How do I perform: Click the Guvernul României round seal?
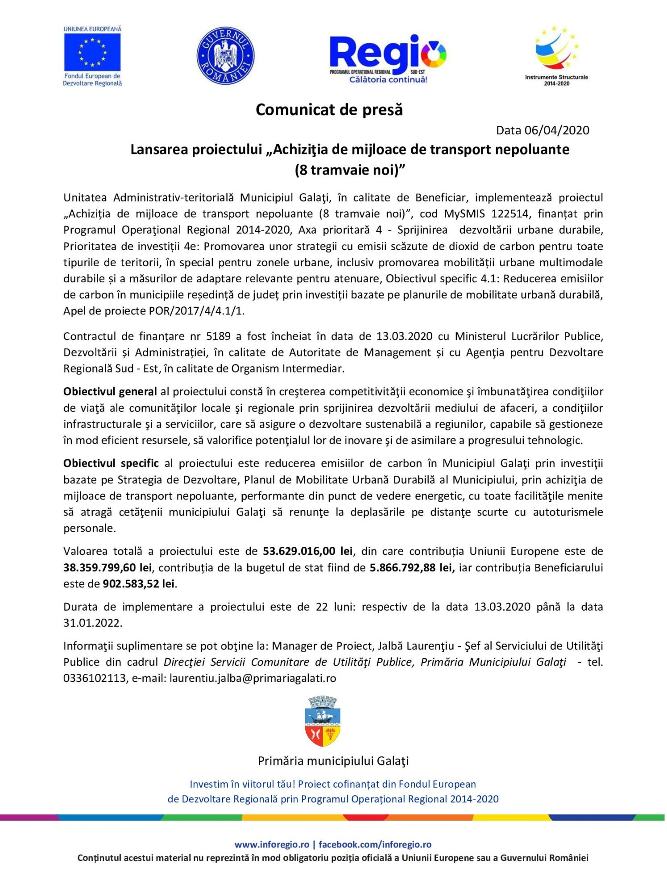[225, 56]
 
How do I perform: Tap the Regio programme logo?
[387, 58]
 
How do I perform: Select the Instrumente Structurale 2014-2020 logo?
[556, 56]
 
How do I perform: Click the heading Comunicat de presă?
[329, 110]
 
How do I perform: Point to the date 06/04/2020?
[557, 130]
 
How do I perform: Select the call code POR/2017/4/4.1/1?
[196, 311]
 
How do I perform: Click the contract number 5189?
[218, 336]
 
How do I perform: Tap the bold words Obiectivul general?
[110, 392]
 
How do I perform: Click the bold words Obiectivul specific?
[111, 463]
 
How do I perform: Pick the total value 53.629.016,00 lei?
[307, 551]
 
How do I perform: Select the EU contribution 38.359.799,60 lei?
[108, 568]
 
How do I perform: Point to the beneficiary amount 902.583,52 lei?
[138, 584]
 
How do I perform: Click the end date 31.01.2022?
[92, 623]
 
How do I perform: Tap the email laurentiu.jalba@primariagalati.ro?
[253, 678]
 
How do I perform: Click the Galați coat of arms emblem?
[323, 722]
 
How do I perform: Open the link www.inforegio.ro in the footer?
[272, 844]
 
